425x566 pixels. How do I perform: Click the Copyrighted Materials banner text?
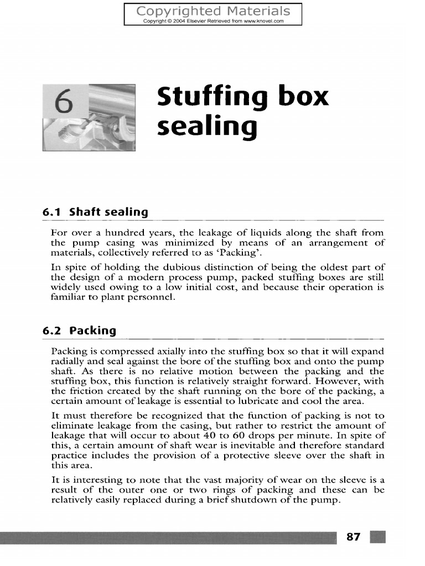213,11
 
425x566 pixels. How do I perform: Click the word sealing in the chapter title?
208,126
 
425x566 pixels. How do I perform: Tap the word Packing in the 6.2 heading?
93,331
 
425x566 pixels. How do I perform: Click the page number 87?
353,537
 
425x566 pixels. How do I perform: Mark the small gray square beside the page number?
378,537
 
